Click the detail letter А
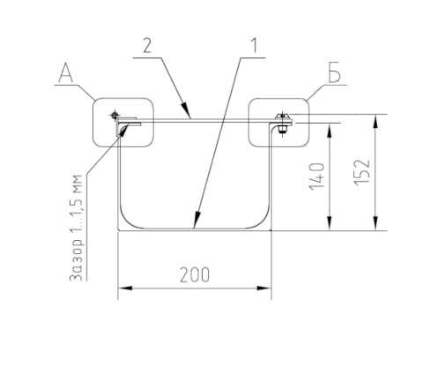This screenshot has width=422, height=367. pyautogui.click(x=66, y=73)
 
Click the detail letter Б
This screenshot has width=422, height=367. pyautogui.click(x=334, y=71)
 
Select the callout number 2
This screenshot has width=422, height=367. pyautogui.click(x=148, y=46)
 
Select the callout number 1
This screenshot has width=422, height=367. pyautogui.click(x=255, y=46)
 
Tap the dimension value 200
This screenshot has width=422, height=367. pyautogui.click(x=195, y=275)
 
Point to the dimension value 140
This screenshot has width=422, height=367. pyautogui.click(x=317, y=176)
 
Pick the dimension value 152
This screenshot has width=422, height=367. pyautogui.click(x=362, y=172)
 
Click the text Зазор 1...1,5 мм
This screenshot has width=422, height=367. pyautogui.click(x=76, y=228)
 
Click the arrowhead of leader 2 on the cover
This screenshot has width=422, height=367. pyautogui.click(x=186, y=110)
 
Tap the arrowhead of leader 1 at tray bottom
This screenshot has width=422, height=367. pyautogui.click(x=196, y=221)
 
